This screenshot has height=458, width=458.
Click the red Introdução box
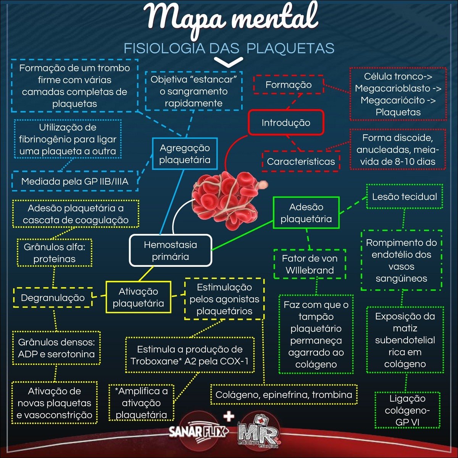286,123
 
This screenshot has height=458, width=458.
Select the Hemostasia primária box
171,251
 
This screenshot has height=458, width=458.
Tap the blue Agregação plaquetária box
185,154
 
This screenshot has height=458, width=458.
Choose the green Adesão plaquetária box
306,213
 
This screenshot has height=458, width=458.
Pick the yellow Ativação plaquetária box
138,297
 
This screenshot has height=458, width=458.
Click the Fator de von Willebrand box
310,264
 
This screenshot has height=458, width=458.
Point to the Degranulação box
53,298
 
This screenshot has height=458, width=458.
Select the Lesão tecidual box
405,197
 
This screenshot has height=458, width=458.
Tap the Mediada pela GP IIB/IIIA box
75,181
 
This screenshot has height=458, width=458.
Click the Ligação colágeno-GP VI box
407,410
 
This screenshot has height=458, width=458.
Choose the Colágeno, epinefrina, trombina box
284,395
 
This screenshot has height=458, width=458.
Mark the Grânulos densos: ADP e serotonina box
56,348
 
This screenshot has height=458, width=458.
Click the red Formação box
289,85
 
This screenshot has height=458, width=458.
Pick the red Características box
301,161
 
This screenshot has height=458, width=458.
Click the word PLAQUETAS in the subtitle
290,48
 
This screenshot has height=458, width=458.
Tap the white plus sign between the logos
229,416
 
